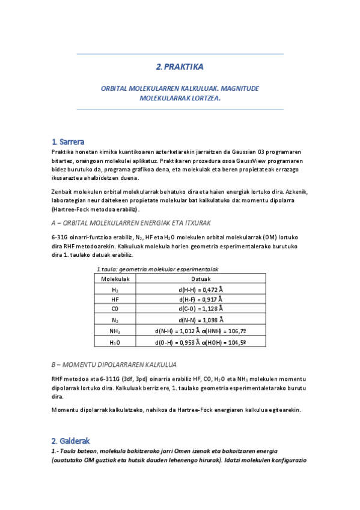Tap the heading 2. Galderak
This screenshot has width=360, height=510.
[71, 441]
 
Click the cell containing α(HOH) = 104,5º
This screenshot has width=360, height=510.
[224, 342]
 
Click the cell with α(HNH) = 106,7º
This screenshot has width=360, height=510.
[224, 331]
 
